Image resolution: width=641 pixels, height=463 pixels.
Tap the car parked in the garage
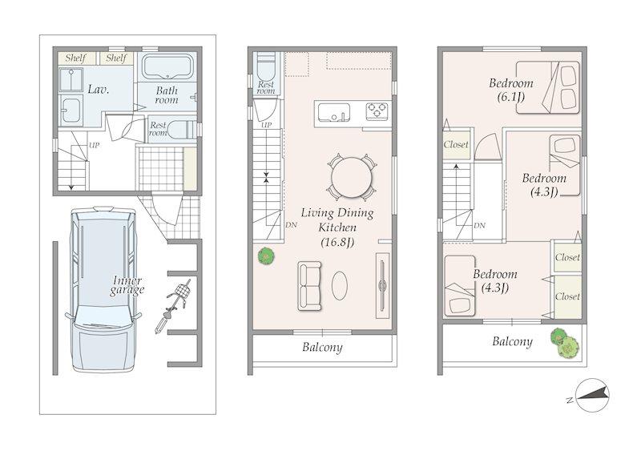point(103,289)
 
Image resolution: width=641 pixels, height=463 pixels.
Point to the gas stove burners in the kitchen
point(377,111)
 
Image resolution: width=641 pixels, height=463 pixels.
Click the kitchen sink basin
point(334,112)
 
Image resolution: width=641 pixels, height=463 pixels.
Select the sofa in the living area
point(309,286)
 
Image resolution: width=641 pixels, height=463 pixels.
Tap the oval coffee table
point(339,286)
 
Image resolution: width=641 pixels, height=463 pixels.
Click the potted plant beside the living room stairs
point(266,256)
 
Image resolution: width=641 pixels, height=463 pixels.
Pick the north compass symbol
point(591,396)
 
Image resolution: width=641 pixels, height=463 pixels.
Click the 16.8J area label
point(337,243)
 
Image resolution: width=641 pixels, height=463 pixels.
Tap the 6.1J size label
point(511,97)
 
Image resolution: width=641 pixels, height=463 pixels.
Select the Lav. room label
point(99,89)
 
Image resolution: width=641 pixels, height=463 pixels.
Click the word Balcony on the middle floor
point(322,348)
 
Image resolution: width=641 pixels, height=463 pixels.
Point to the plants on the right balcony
point(565,343)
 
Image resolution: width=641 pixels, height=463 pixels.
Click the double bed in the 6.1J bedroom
point(548,87)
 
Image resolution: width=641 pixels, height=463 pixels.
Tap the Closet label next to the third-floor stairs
point(456,144)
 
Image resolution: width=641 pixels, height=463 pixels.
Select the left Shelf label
point(76,58)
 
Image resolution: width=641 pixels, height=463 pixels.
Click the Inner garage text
point(127,286)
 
